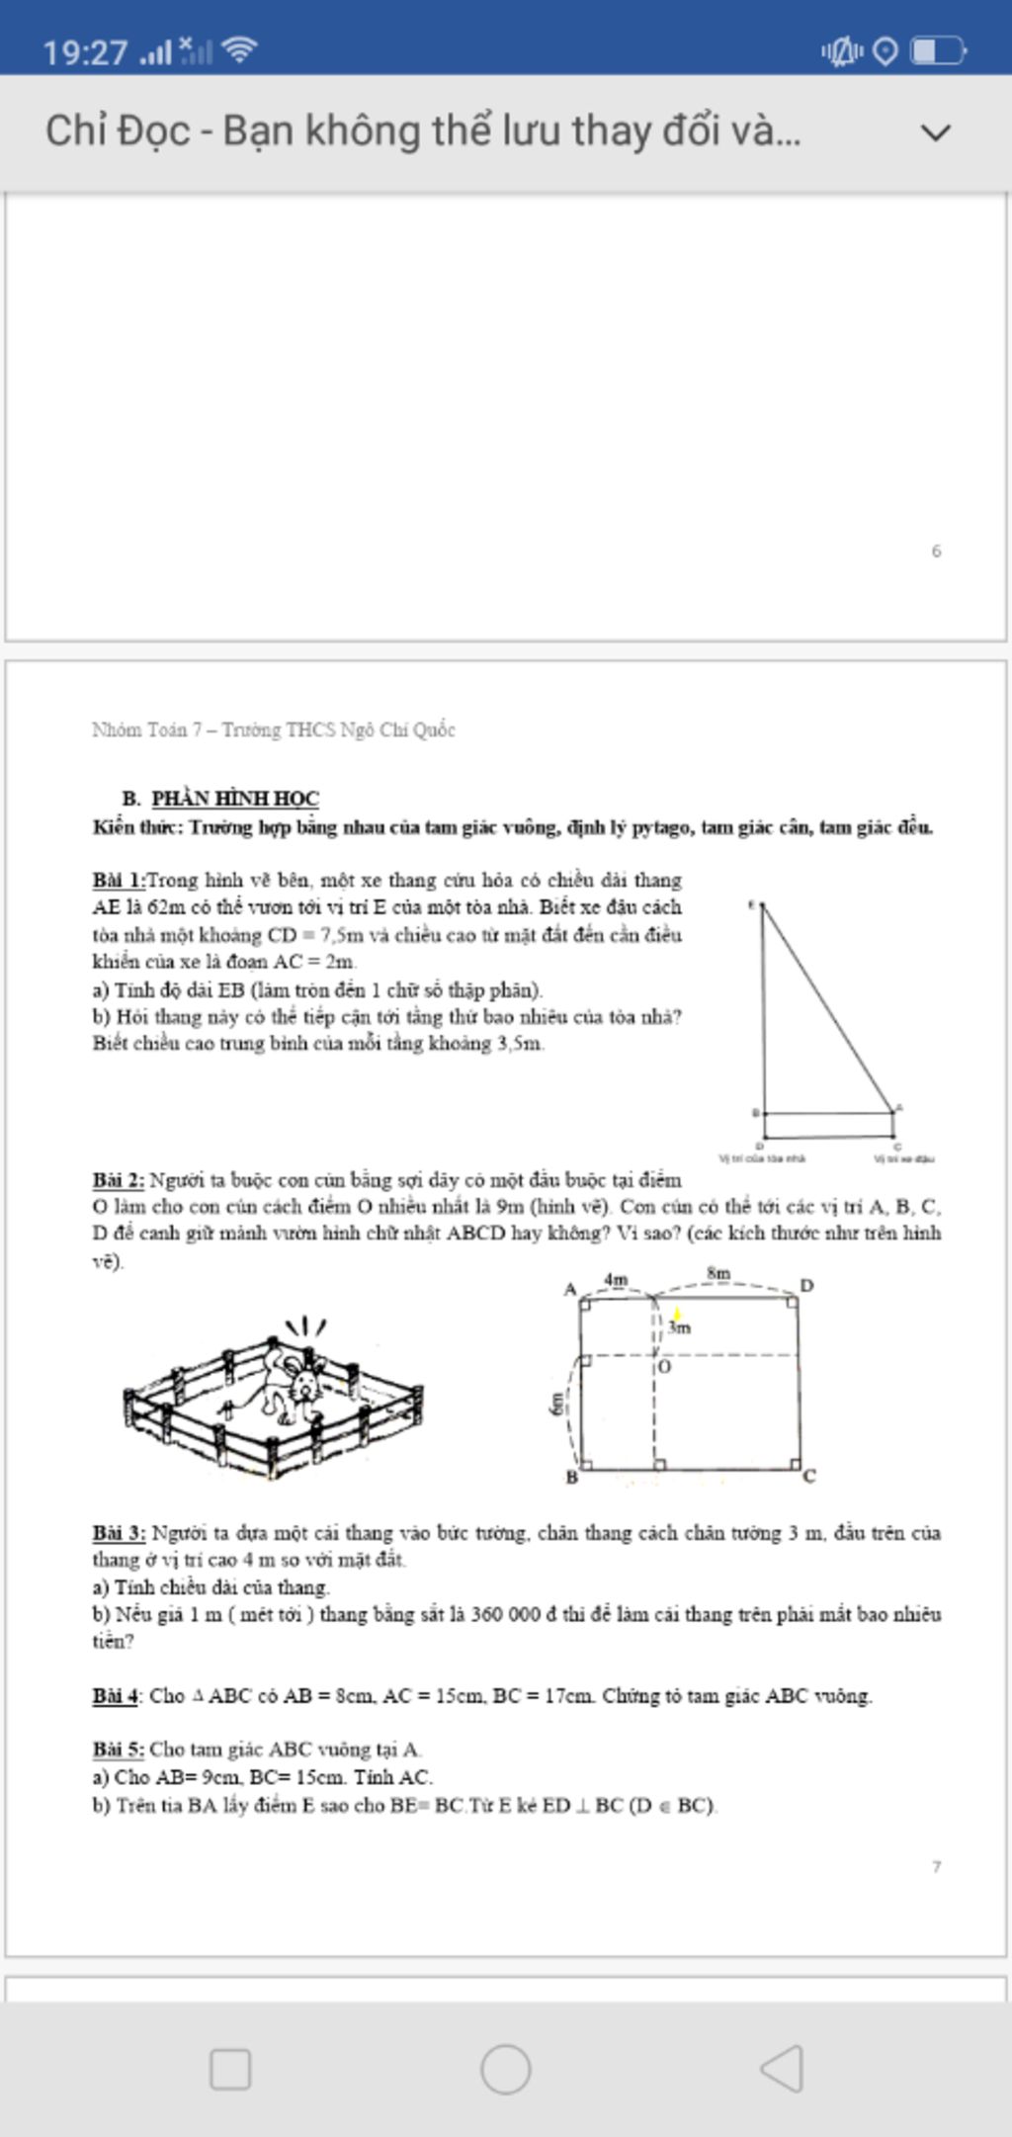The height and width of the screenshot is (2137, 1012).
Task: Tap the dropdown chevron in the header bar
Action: [x=935, y=132]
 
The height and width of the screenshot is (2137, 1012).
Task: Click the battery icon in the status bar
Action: [x=937, y=50]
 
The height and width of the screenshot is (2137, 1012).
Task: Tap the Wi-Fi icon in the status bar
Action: [x=239, y=49]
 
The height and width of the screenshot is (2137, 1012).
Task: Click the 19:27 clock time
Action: [x=85, y=51]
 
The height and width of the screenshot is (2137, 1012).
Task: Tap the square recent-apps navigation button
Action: [x=230, y=2069]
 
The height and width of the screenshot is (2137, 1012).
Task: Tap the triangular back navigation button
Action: [x=782, y=2068]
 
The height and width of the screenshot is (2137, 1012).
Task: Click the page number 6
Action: [x=936, y=551]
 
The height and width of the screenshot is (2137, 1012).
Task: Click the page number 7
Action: [x=936, y=1867]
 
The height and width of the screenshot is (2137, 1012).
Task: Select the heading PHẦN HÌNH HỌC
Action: [x=234, y=798]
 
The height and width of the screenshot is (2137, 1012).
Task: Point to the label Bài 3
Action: [x=119, y=1533]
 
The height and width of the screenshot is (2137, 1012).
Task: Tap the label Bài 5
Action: [x=119, y=1750]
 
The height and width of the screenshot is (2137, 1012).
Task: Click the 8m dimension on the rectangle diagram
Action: [x=718, y=1273]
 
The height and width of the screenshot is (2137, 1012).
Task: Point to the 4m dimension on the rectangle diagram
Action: [x=616, y=1279]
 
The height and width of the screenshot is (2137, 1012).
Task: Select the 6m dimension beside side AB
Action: [x=557, y=1404]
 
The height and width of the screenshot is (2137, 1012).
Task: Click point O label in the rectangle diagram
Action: [x=664, y=1367]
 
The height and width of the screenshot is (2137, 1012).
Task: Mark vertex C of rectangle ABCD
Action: [x=809, y=1477]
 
